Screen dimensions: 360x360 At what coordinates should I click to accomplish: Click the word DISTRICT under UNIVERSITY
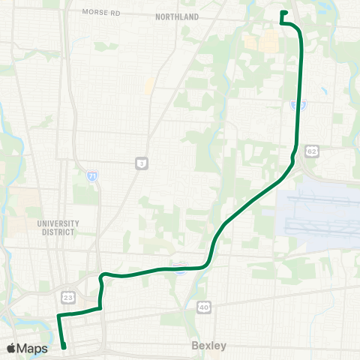click(x=58, y=232)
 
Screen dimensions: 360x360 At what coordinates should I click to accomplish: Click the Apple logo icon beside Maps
click(x=13, y=348)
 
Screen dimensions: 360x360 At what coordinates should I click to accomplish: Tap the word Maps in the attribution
click(x=34, y=348)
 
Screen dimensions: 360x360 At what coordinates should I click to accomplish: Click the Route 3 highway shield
click(x=140, y=162)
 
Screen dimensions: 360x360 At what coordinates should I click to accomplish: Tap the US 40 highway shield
click(x=203, y=306)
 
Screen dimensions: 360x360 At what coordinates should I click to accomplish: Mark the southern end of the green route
click(x=64, y=347)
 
